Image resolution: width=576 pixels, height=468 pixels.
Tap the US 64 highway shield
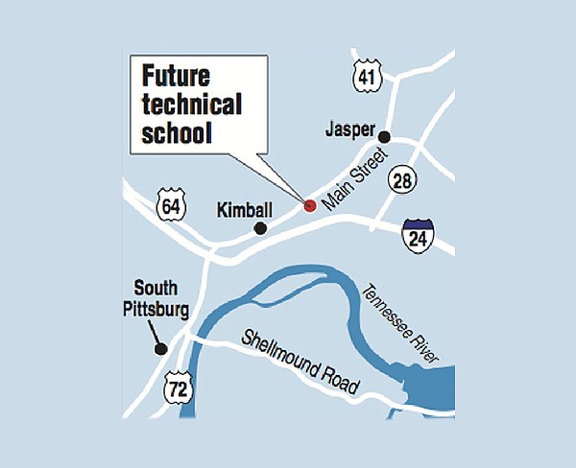click(x=171, y=205)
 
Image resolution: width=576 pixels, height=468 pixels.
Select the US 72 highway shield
click(x=177, y=389)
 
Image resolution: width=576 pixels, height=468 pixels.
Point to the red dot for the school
click(x=309, y=205)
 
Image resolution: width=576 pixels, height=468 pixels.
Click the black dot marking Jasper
click(x=384, y=136)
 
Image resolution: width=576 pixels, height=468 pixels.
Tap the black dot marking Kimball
click(x=258, y=228)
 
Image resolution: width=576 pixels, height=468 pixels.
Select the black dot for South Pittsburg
click(x=161, y=350)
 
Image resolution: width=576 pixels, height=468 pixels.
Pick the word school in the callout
click(x=175, y=133)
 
